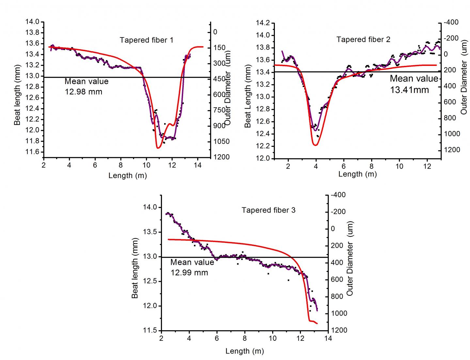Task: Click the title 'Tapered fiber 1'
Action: click(146, 40)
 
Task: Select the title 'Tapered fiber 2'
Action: click(363, 39)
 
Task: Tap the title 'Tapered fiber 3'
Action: click(268, 210)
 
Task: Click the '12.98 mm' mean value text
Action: click(84, 92)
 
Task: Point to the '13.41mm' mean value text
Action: click(410, 90)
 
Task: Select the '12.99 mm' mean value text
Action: click(189, 272)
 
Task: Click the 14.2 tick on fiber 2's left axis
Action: click(263, 23)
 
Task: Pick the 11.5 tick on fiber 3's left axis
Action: click(150, 330)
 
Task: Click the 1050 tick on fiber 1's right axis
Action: click(222, 142)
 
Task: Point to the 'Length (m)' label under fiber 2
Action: click(357, 174)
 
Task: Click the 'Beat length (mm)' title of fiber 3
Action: click(135, 268)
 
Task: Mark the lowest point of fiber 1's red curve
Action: click(158, 148)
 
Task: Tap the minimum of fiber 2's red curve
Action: click(315, 145)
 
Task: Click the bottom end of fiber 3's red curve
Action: click(317, 323)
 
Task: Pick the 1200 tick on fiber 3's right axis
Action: click(337, 330)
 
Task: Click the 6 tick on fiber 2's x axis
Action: click(344, 166)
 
